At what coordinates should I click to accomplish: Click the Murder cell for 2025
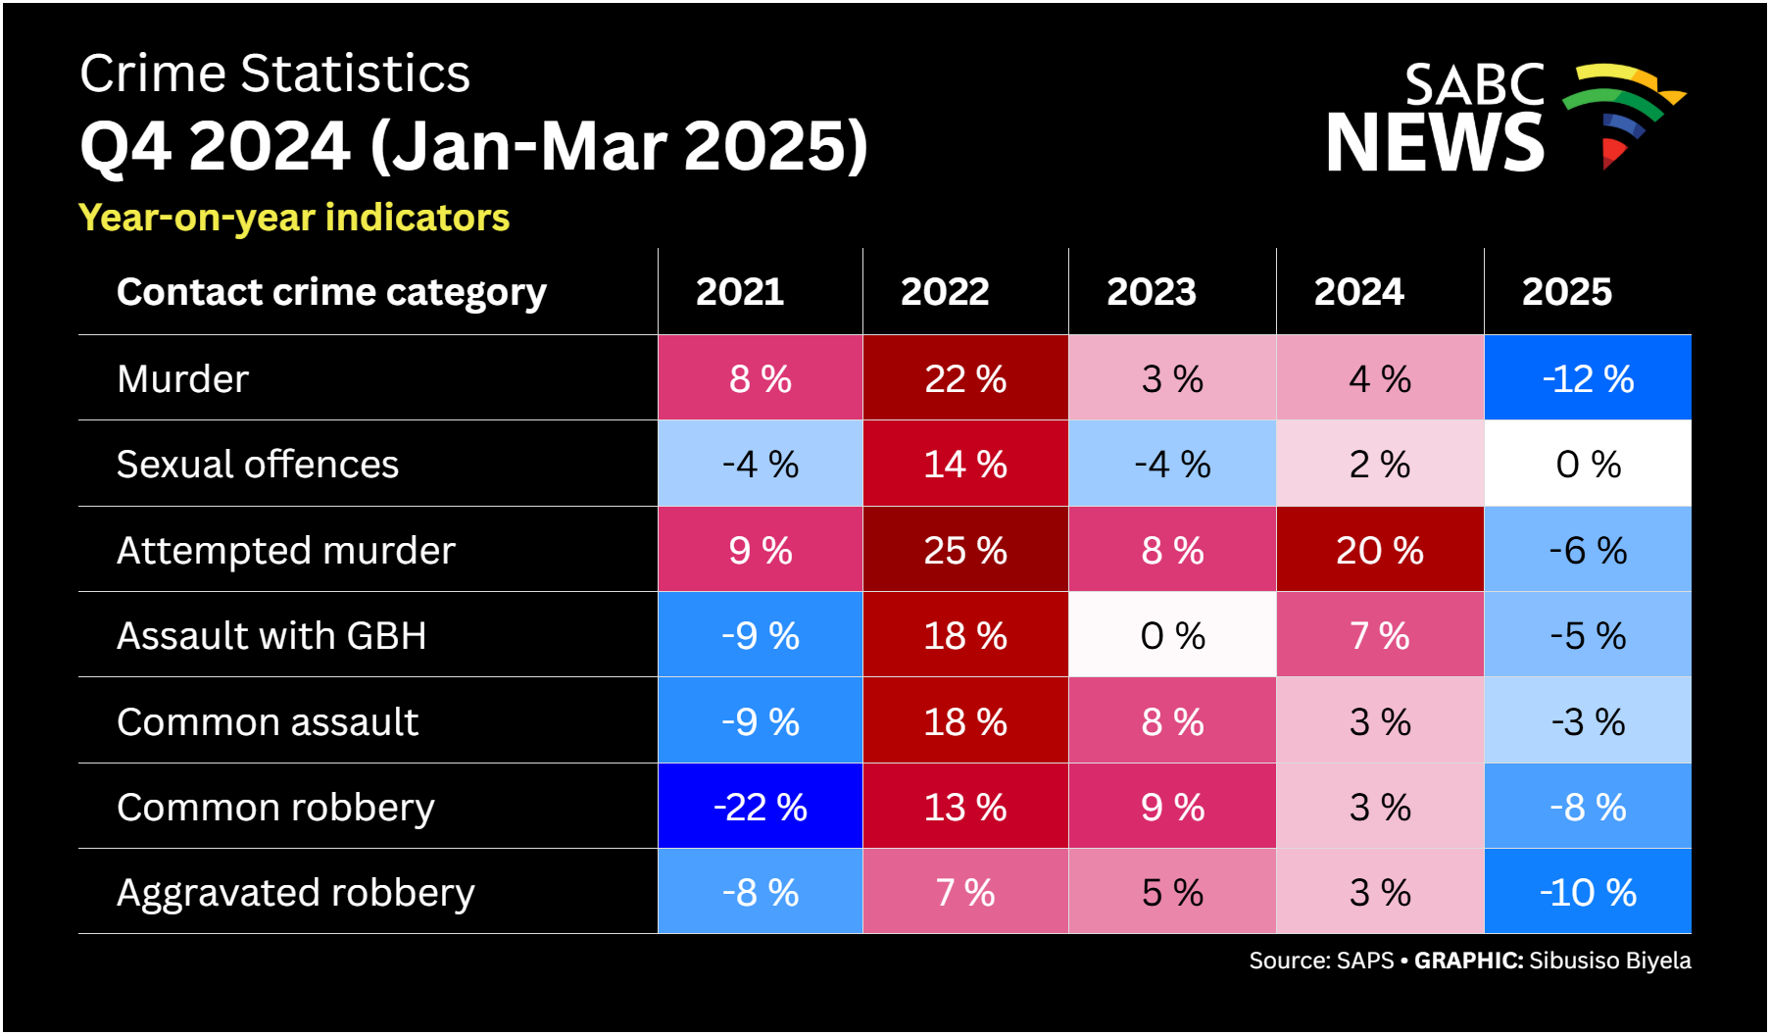[x=1588, y=378]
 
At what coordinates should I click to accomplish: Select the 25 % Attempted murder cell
[x=965, y=550]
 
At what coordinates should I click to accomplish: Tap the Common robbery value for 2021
[x=761, y=807]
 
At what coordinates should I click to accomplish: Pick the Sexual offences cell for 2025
[x=1588, y=464]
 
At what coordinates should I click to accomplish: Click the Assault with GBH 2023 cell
[x=1172, y=635]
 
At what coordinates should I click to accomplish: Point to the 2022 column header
[x=945, y=291]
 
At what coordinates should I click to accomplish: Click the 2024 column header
[x=1358, y=291]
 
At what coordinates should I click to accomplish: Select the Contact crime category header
[x=331, y=292]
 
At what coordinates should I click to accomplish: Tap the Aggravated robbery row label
[x=295, y=893]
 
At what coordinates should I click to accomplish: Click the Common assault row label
[x=268, y=721]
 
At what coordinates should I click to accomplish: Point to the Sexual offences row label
[x=258, y=464]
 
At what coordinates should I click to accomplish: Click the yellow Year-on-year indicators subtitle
[x=294, y=218]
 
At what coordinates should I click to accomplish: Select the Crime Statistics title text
[x=274, y=74]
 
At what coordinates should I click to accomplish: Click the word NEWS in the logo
[x=1435, y=142]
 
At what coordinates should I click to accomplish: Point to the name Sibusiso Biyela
[x=1610, y=961]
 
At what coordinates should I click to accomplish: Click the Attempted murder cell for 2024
[x=1380, y=550]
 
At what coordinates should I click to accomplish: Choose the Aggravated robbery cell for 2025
[x=1588, y=892]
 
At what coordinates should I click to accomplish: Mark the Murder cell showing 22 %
[x=965, y=378]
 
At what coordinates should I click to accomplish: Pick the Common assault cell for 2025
[x=1588, y=721]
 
